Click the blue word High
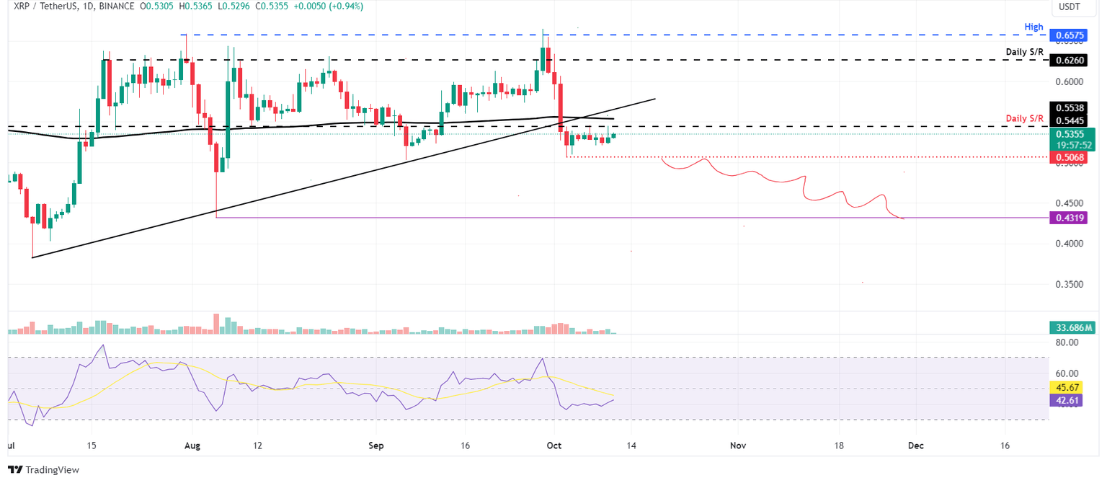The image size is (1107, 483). point(1033,27)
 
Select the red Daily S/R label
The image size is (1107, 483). point(1024,118)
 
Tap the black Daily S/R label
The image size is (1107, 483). point(1024,52)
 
